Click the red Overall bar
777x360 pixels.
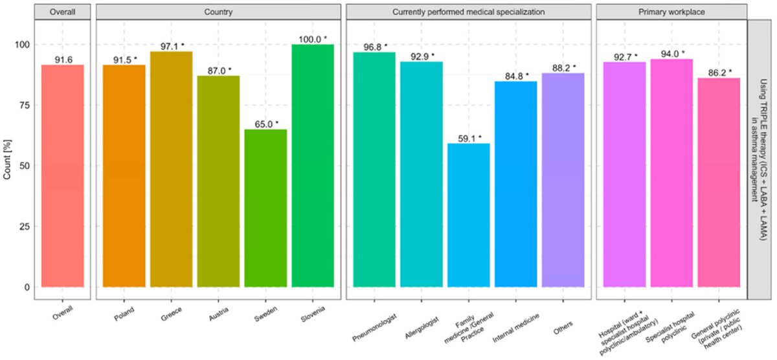pyautogui.click(x=62, y=175)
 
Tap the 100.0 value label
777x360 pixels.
pyautogui.click(x=313, y=39)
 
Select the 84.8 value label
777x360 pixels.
pyautogui.click(x=516, y=75)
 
